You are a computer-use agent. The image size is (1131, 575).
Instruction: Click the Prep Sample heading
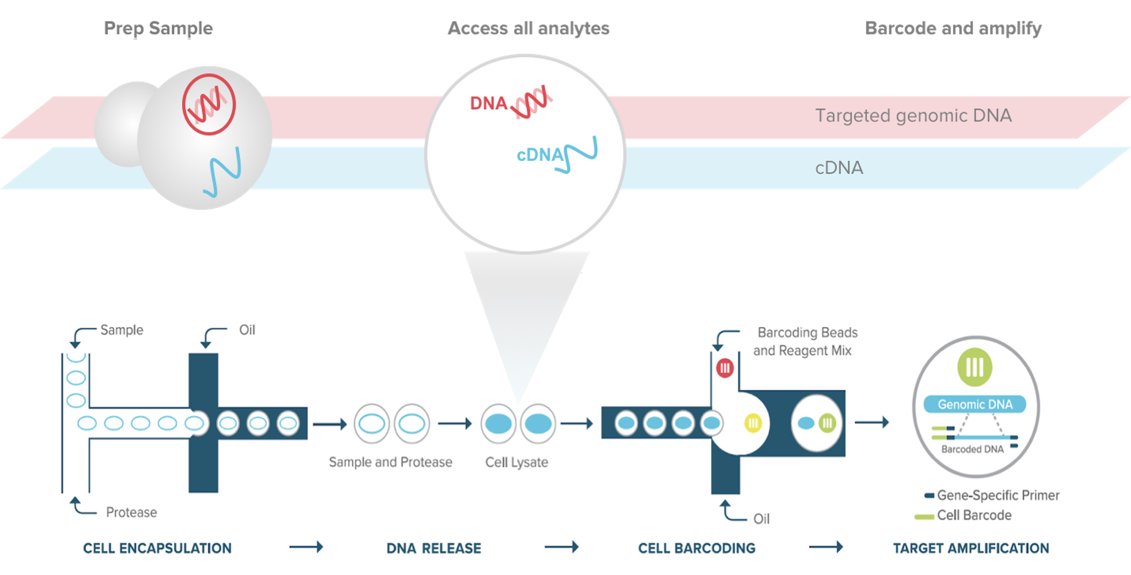(158, 28)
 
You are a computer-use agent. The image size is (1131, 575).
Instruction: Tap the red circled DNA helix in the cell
(209, 104)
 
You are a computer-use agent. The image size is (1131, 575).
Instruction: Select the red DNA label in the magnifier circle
(488, 103)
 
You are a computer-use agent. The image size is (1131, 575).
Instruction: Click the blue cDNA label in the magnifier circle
(540, 155)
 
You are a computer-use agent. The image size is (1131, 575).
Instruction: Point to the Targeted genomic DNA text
(913, 115)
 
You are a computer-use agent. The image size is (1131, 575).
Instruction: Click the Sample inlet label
(121, 330)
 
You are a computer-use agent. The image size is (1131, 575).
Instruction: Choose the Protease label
(131, 513)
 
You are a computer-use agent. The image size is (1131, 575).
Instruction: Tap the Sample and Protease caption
(390, 462)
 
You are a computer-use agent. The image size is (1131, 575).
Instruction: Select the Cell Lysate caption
(516, 462)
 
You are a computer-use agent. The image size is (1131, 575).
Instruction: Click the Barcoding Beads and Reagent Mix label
(805, 342)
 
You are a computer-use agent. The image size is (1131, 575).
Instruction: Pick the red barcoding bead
(725, 368)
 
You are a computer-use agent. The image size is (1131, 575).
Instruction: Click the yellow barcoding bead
(753, 423)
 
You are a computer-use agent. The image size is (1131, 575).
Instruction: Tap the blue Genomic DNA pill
(975, 404)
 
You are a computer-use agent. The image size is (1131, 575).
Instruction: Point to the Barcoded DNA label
(972, 449)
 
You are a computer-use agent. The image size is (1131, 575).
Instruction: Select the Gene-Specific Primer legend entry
(997, 496)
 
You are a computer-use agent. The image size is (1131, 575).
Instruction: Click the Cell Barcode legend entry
(974, 515)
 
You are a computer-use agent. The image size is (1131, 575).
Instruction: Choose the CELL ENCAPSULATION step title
(157, 548)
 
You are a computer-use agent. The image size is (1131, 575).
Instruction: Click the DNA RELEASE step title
(434, 548)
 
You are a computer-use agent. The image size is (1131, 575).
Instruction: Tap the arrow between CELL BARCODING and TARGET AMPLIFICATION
(826, 547)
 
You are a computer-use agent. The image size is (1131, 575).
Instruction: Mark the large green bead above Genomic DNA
(975, 367)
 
